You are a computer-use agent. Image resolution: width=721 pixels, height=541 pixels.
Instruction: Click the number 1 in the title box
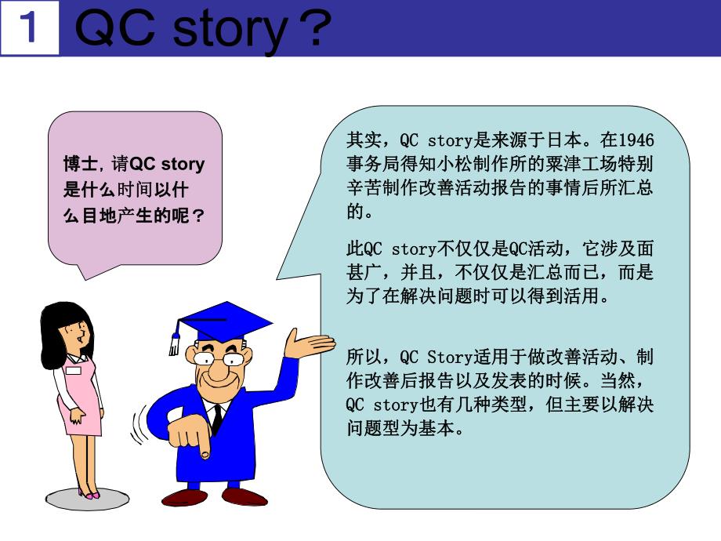point(30,29)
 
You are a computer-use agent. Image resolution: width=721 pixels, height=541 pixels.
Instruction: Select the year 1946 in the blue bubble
point(636,141)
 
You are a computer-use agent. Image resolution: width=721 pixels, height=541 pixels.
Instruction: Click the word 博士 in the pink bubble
point(79,164)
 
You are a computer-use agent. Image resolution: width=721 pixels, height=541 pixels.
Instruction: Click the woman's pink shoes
point(89,494)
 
